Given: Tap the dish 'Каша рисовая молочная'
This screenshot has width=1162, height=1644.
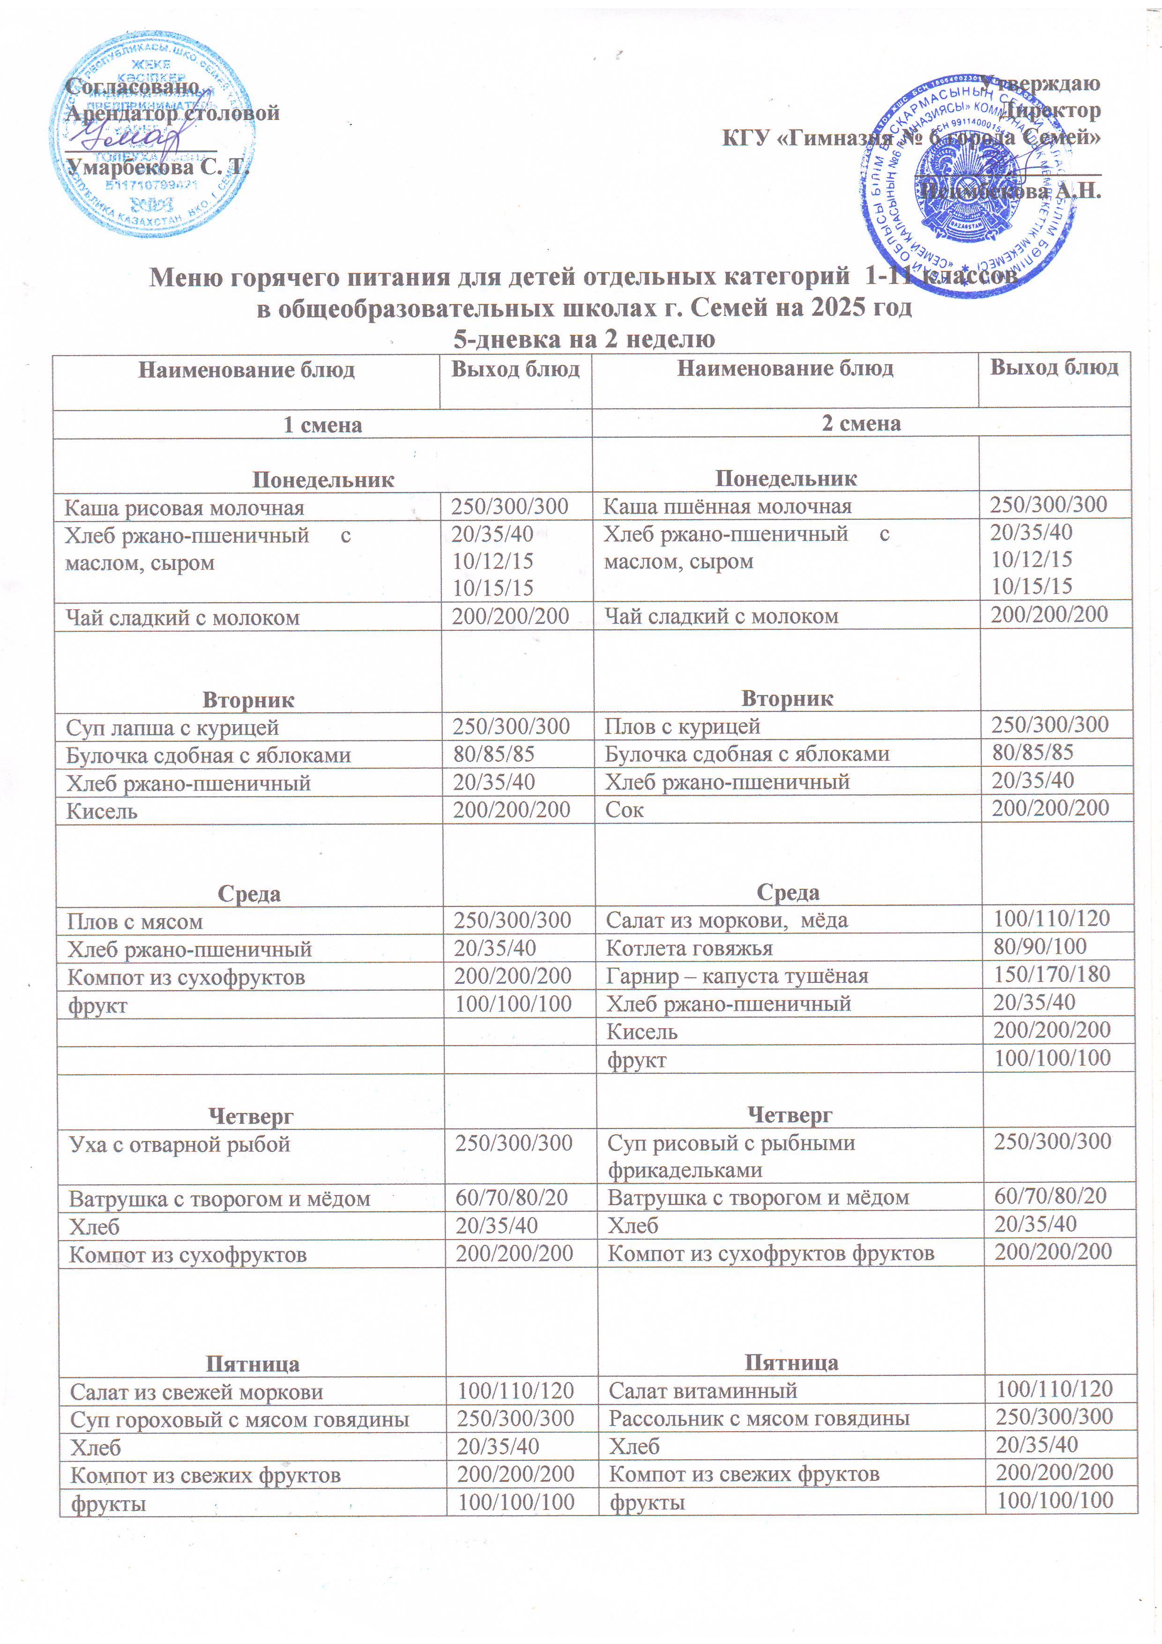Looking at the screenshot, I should (x=184, y=508).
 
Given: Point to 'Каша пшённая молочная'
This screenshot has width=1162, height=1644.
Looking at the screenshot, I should (x=727, y=507).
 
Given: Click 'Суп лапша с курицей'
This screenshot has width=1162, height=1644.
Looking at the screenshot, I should (x=172, y=728).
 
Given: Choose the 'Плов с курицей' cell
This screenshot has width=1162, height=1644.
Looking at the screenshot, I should (x=682, y=727).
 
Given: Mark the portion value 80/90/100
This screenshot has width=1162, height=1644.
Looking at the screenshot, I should (x=1040, y=947).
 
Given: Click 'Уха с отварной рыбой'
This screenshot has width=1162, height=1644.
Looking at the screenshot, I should (x=180, y=1145).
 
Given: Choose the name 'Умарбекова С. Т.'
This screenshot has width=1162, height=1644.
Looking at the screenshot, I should (x=157, y=168).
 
